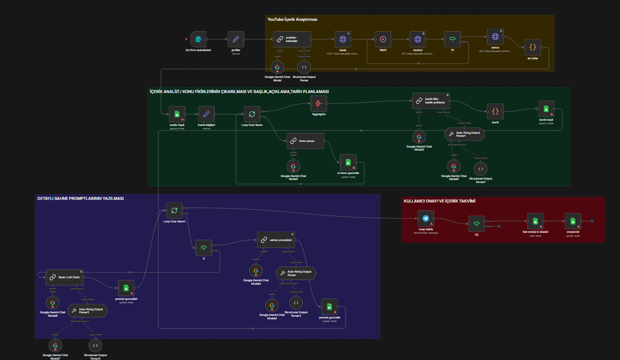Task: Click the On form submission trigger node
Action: tap(198, 39)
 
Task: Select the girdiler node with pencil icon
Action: tap(236, 39)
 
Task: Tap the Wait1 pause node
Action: tap(383, 39)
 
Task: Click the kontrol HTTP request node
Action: tap(418, 39)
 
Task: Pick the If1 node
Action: tap(453, 39)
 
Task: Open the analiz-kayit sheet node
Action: tap(177, 114)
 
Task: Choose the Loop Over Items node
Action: tap(251, 114)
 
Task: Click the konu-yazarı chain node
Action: tap(305, 141)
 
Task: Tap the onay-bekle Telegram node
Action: tap(425, 219)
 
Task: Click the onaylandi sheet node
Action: tap(573, 221)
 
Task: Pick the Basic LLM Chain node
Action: tap(65, 277)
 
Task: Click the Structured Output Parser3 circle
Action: tap(95, 345)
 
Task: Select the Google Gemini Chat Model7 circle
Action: tap(55, 345)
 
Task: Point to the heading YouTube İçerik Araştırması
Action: tap(292, 19)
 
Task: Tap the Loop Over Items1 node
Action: tap(174, 211)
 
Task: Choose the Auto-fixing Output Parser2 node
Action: tap(87, 310)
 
